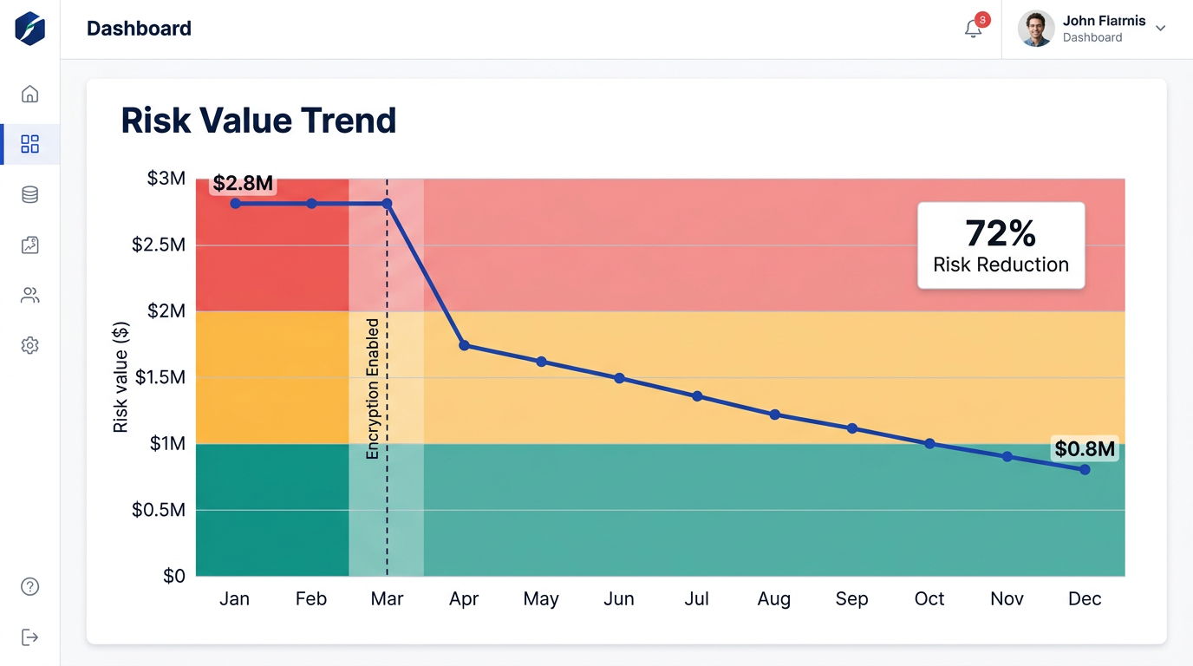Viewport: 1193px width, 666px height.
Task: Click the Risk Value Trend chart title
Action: coord(258,121)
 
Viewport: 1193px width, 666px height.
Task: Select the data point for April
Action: coord(464,345)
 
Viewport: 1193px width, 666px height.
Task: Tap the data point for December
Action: coord(1085,469)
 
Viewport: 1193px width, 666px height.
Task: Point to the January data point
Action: coord(235,203)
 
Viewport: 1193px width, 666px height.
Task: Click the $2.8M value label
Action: coord(243,183)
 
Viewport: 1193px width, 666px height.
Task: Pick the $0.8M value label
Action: coord(1084,448)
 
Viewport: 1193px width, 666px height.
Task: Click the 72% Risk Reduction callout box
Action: coord(1001,245)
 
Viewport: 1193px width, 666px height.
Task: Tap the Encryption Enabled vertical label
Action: coord(373,388)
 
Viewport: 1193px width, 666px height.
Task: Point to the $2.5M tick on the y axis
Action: coord(159,245)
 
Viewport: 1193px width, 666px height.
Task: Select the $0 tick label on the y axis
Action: coord(173,576)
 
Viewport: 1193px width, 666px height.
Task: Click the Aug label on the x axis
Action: coord(773,599)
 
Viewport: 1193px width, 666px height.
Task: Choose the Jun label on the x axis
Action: coord(618,599)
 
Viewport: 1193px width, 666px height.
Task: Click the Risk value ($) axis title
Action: coord(121,377)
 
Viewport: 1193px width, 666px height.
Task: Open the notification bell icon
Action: coord(974,29)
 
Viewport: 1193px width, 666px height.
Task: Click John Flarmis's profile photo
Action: coord(1036,29)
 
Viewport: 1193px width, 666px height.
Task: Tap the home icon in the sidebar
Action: coord(29,94)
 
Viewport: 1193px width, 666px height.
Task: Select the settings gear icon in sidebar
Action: coord(29,345)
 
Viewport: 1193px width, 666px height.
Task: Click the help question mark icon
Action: coord(29,587)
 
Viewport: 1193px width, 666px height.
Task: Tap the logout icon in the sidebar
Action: coord(29,637)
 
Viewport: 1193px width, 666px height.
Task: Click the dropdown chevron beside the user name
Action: coord(1160,29)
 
